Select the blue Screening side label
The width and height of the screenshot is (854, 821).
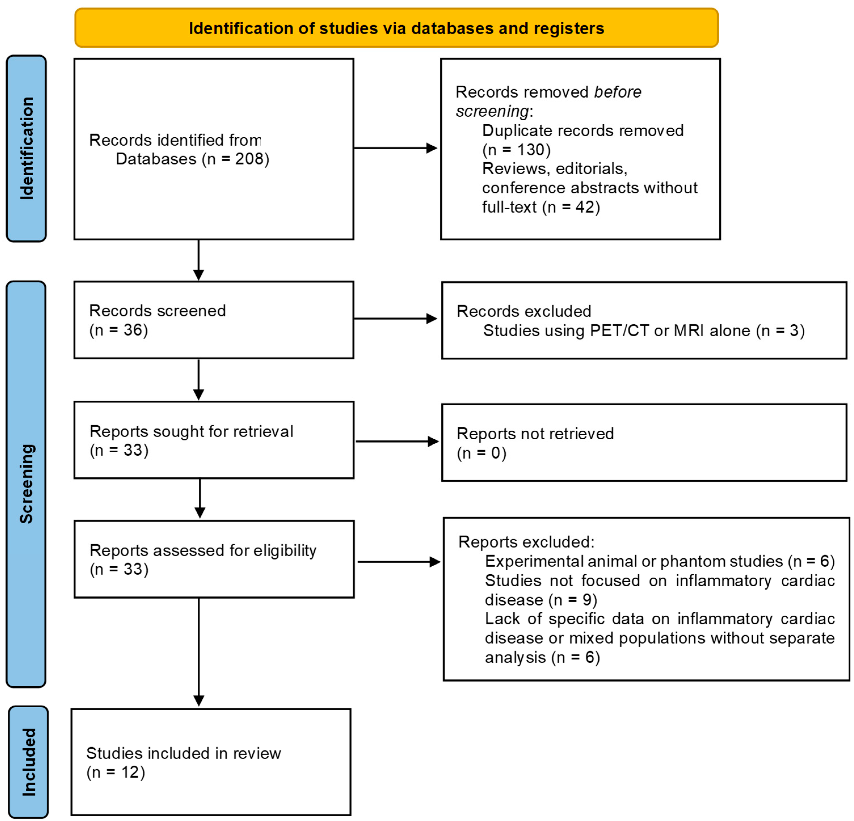(x=26, y=484)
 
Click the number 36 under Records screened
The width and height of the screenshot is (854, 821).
(x=133, y=330)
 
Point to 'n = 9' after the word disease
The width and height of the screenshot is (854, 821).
(x=573, y=600)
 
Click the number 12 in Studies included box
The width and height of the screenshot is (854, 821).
(x=130, y=772)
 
